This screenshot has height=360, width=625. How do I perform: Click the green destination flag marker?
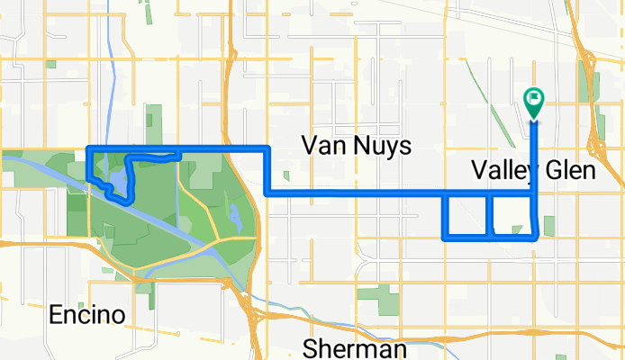tap(533, 101)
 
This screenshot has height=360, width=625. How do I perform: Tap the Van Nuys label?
tap(356, 145)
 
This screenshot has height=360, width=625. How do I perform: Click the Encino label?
tap(86, 316)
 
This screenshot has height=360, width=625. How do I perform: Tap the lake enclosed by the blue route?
tap(114, 180)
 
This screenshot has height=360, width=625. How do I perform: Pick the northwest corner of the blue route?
tap(87, 146)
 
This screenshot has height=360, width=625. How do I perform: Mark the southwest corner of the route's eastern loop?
tap(445, 238)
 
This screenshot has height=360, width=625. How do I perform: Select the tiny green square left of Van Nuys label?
tap(285, 176)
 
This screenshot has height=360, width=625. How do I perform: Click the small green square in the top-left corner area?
tap(50, 65)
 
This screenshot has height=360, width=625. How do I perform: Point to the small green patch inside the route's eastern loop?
tap(517, 230)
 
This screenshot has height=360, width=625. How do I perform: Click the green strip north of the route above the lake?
tap(154, 125)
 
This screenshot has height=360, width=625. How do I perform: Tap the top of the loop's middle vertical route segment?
tap(488, 193)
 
